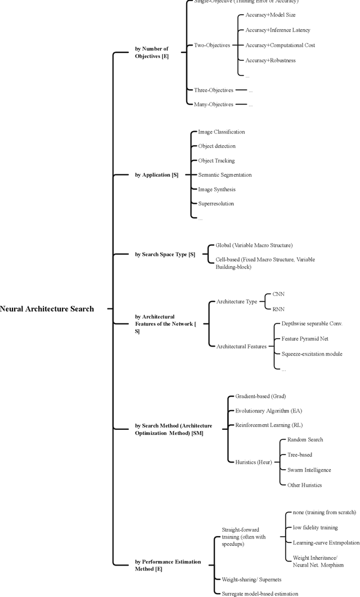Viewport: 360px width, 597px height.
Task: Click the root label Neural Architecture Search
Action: pyautogui.click(x=47, y=309)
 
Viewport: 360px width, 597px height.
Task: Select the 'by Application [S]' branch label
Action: pyautogui.click(x=156, y=175)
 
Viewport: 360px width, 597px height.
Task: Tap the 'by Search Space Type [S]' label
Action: pyautogui.click(x=165, y=254)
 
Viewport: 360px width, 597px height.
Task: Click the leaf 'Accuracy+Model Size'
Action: pyautogui.click(x=270, y=15)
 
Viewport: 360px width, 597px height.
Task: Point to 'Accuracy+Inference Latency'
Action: pyautogui.click(x=277, y=30)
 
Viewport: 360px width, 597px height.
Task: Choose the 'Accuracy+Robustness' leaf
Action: pyautogui.click(x=270, y=60)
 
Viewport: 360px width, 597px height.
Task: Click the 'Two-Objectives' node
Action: pyautogui.click(x=211, y=45)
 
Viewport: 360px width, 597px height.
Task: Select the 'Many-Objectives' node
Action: pyautogui.click(x=213, y=104)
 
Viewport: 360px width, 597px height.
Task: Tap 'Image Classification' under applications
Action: pyautogui.click(x=221, y=132)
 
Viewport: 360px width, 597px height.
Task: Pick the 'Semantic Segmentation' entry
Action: pyautogui.click(x=225, y=175)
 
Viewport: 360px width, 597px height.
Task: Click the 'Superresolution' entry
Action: pyautogui.click(x=216, y=204)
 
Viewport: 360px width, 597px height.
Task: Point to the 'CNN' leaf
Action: pyautogui.click(x=278, y=294)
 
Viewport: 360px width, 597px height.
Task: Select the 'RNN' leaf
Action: pyautogui.click(x=278, y=308)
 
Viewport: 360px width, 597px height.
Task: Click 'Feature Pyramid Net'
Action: pyautogui.click(x=305, y=339)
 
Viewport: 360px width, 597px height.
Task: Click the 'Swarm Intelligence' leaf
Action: pyautogui.click(x=309, y=470)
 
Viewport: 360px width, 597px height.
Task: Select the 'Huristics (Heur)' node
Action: pyautogui.click(x=253, y=462)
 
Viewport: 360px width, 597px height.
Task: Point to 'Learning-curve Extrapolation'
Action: pyautogui.click(x=326, y=542)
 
